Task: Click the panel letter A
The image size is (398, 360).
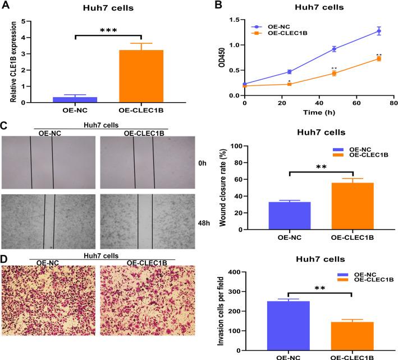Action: click(5, 7)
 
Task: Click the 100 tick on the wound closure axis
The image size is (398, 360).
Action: click(245, 146)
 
